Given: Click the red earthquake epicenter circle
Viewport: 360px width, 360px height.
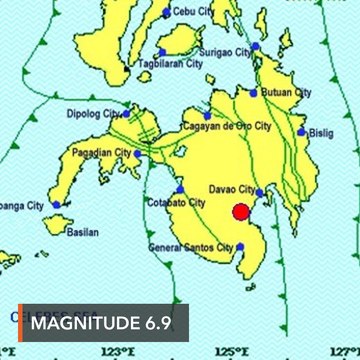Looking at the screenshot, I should (x=241, y=211).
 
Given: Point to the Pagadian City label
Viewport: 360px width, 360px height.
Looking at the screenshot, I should (x=101, y=153).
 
